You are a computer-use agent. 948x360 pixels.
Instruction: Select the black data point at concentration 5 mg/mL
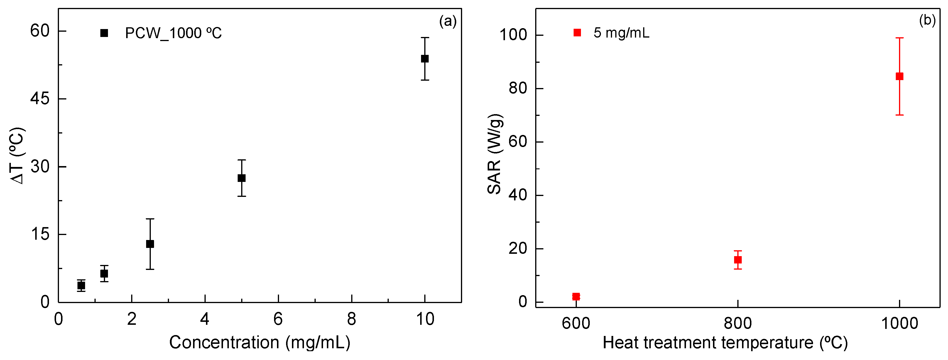241,178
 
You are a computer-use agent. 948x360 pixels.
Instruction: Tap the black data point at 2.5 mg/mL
150,244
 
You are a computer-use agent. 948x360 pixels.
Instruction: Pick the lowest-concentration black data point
81,285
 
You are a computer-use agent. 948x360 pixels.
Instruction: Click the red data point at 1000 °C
899,76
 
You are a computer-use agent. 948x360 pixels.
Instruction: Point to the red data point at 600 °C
576,296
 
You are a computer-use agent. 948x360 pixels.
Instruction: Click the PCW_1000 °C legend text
173,33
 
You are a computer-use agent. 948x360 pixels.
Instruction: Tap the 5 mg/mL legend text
621,33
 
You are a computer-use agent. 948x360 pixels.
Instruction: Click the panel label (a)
448,21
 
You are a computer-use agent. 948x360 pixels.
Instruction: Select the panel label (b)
927,20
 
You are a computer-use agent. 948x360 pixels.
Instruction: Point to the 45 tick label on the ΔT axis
40,99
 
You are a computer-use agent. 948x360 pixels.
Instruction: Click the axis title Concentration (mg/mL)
259,342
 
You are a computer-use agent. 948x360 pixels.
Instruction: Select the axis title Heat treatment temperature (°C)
725,343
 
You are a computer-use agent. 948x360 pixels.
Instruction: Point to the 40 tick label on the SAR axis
518,195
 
